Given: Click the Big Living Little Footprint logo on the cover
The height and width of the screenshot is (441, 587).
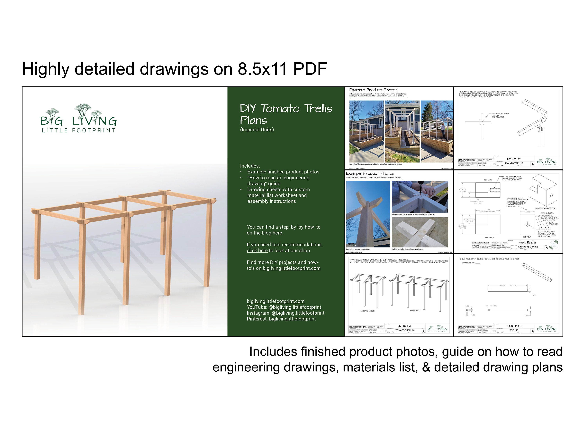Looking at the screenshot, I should click(78, 119).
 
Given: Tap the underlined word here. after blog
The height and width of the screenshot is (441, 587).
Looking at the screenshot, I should click(278, 233).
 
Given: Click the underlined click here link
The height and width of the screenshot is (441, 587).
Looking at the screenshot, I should click(257, 251).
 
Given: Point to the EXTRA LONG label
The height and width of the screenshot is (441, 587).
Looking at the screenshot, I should click(415, 311).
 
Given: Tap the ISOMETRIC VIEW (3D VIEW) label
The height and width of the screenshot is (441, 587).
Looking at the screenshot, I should click(545, 208).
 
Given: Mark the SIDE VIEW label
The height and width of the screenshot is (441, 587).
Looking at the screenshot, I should click(527, 237).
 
